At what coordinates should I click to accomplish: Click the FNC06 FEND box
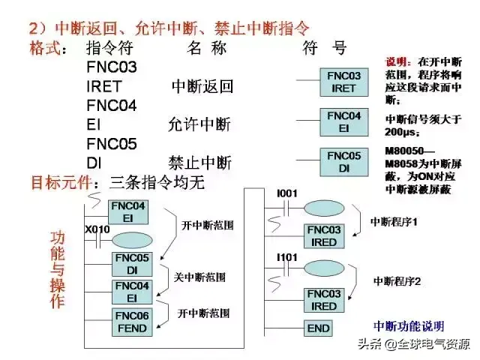pos(132,321)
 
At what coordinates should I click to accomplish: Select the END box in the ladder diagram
pos(319,328)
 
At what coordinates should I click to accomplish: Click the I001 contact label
pos(287,194)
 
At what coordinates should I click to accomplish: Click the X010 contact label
pos(97,229)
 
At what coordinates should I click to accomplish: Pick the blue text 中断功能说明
pos(409,326)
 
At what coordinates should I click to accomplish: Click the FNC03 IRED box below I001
pos(324,236)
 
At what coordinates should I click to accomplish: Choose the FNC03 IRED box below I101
pos(324,300)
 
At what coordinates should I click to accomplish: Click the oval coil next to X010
pos(131,241)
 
